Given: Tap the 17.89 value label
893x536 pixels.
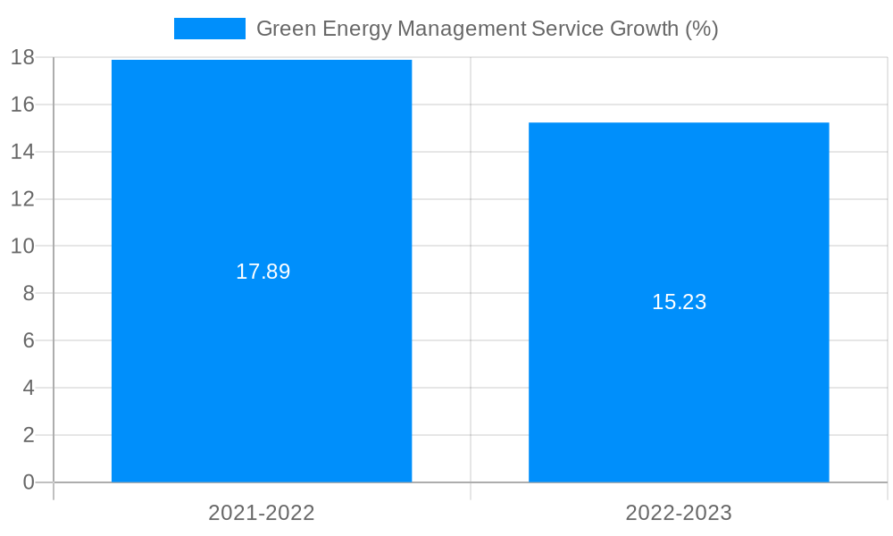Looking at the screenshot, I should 263,272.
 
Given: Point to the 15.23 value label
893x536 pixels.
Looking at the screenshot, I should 679,302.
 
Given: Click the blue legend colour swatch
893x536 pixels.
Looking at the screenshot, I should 209,29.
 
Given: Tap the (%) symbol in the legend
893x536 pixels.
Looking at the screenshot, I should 701,29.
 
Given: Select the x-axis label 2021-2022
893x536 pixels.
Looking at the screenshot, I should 262,513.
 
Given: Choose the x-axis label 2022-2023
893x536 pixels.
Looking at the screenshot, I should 679,513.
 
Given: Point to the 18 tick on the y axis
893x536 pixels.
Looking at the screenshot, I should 22,58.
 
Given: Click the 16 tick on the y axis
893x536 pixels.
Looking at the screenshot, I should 22,105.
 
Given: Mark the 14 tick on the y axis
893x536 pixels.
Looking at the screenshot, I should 22,152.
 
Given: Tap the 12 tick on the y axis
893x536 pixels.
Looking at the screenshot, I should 22,199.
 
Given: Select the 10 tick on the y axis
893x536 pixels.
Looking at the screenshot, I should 22,246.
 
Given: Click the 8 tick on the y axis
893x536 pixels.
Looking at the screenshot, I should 28,293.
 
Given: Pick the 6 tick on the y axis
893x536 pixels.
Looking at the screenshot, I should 28,340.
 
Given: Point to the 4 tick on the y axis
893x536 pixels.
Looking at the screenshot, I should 28,388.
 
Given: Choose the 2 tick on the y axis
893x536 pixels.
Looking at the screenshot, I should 28,435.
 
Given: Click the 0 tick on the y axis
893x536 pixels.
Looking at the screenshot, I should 28,482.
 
